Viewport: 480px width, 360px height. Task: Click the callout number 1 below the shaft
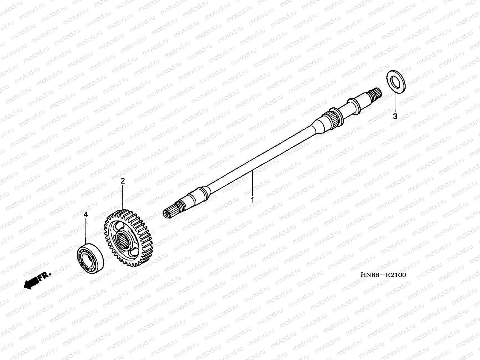tap(253, 199)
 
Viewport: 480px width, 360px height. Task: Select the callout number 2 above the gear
tap(122, 181)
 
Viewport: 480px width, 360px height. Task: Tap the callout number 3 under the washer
tap(395, 116)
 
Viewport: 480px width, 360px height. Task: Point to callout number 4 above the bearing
tap(86, 214)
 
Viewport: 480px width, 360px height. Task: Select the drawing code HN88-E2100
tap(383, 275)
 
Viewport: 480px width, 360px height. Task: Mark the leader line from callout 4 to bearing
tap(86, 231)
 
